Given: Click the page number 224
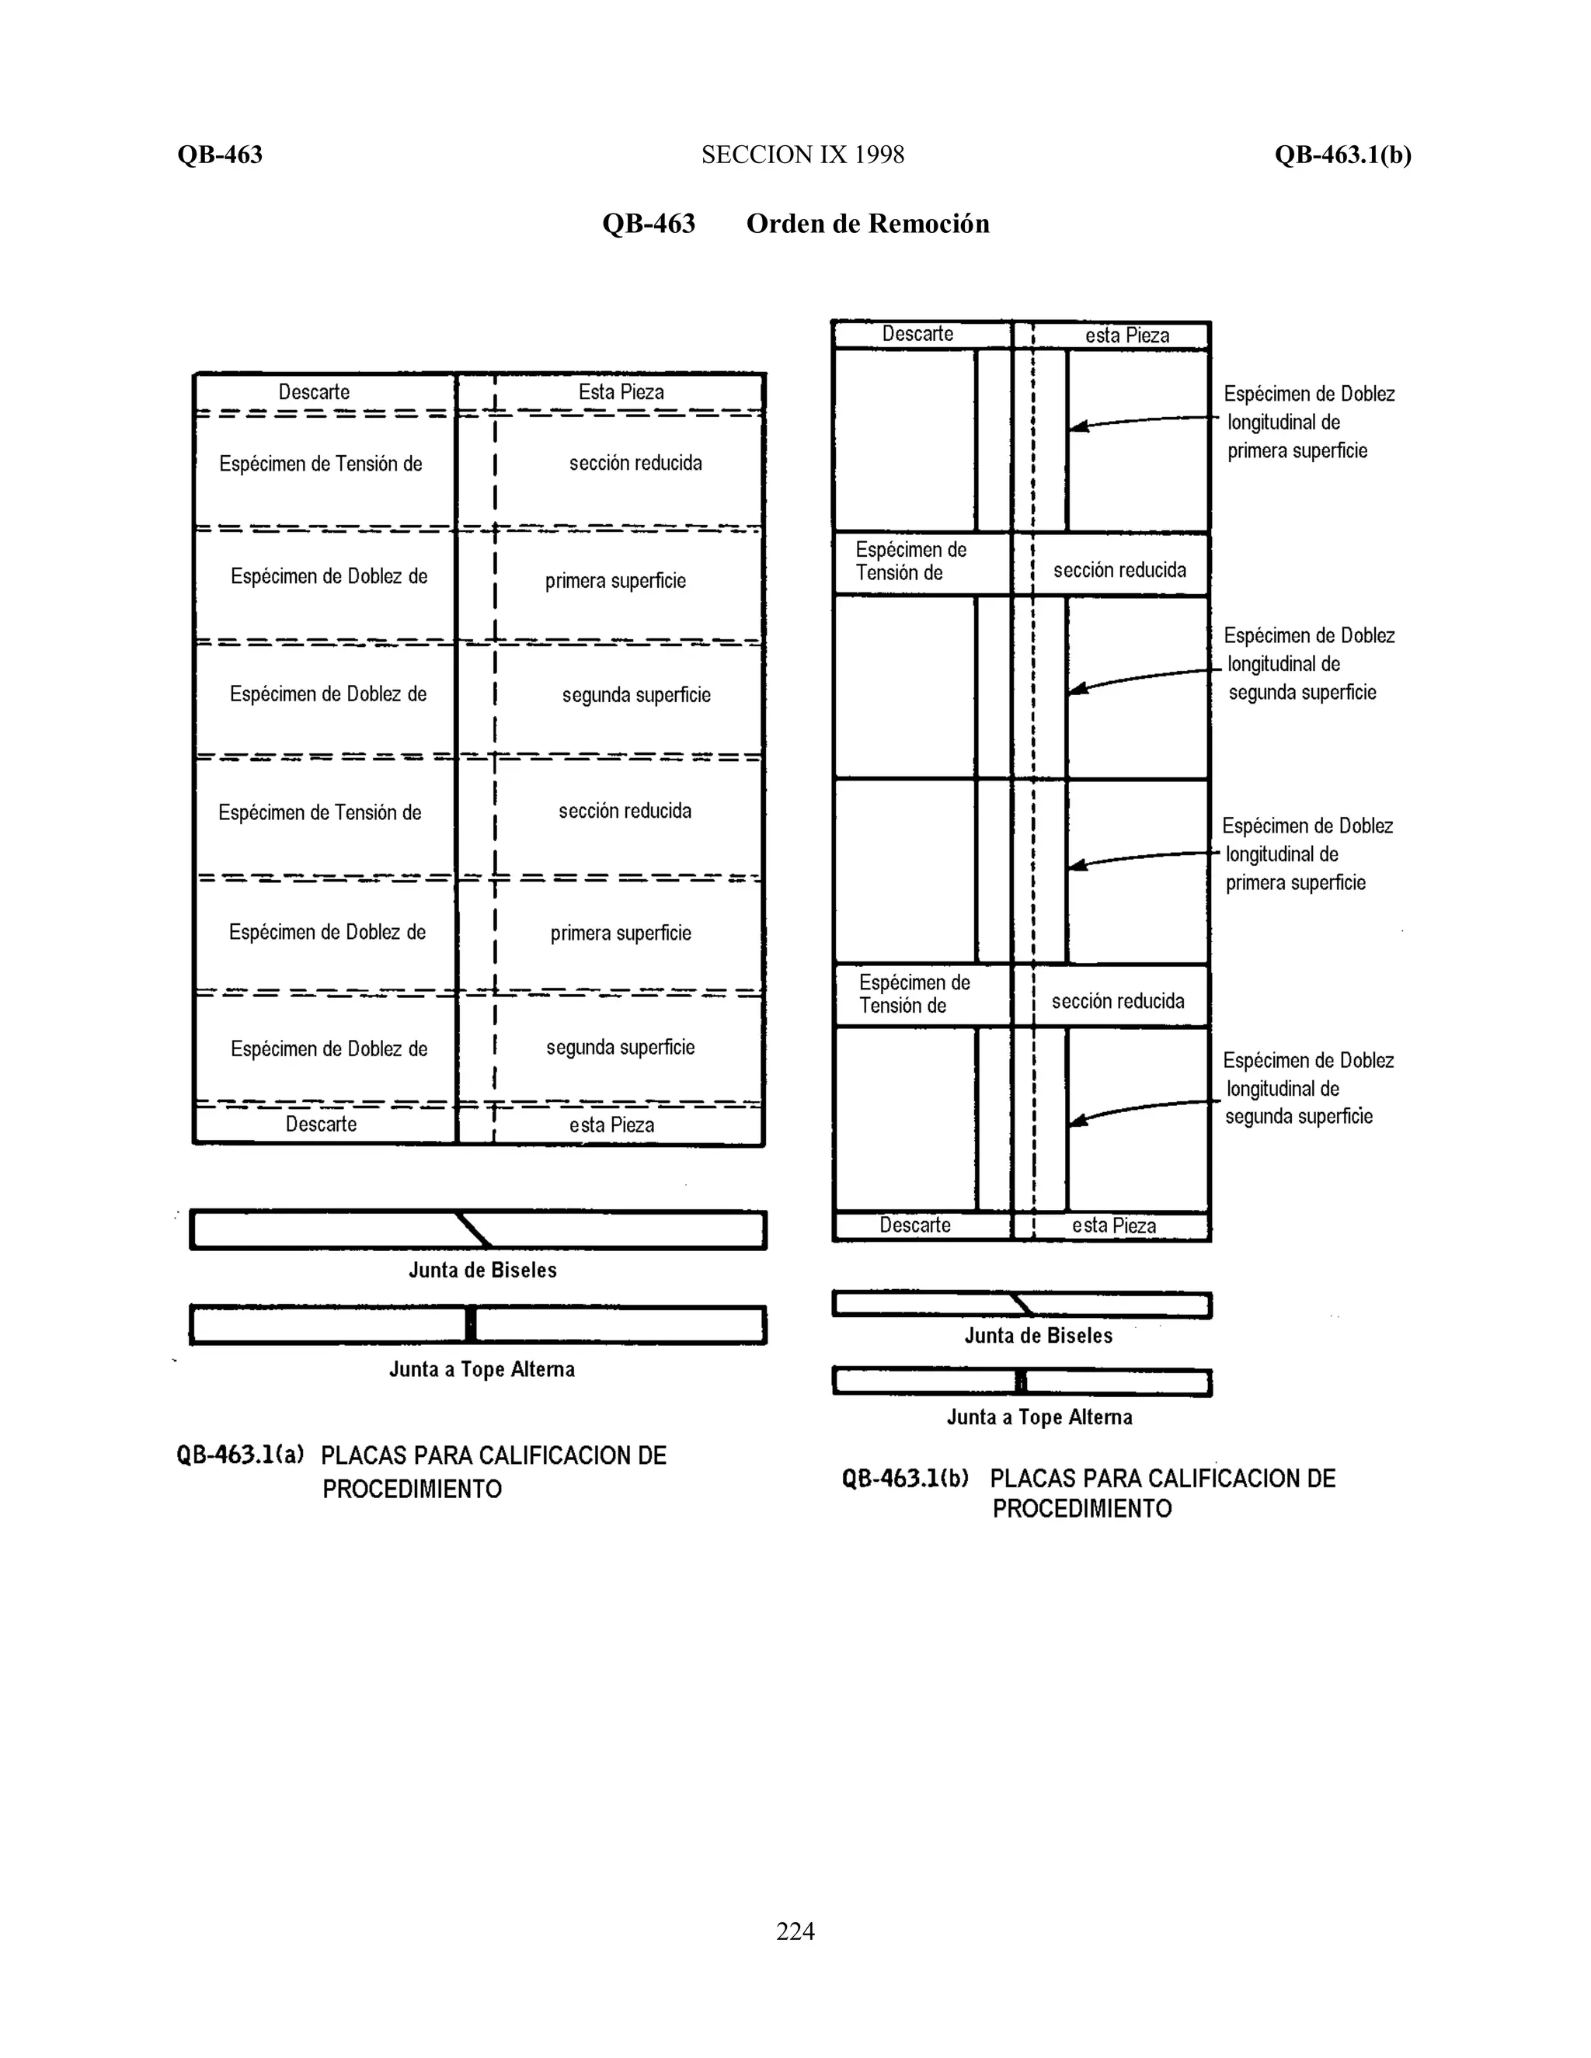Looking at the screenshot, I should pos(795,1931).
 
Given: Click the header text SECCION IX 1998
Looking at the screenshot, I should pos(802,155).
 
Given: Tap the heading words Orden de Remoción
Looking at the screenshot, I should pos(867,224).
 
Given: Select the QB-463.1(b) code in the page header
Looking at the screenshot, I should pos(1342,155).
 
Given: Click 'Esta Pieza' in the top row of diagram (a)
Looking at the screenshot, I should pos(621,392).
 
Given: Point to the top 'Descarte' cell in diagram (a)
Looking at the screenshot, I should pos(314,392).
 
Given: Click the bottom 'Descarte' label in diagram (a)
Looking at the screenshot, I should pos(322,1125).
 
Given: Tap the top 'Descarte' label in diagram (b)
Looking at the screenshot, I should pos(917,334).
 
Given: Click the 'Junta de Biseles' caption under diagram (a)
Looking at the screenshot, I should pos(482,1271).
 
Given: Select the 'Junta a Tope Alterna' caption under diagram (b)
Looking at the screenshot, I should pos(1039,1417).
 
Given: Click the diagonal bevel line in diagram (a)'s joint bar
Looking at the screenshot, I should pos(473,1229).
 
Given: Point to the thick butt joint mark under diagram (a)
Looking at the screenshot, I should pos(470,1325).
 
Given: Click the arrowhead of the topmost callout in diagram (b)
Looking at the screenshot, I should pos(1077,427).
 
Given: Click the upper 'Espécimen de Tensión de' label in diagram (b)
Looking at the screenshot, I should pos(910,561).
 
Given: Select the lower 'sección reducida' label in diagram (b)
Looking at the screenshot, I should pos(1118,1001).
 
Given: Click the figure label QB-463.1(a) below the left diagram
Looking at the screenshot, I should pos(240,1455).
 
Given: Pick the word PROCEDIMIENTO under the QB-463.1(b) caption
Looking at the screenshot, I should pos(1082,1509).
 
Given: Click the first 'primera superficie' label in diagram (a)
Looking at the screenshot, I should pos(615,580).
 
